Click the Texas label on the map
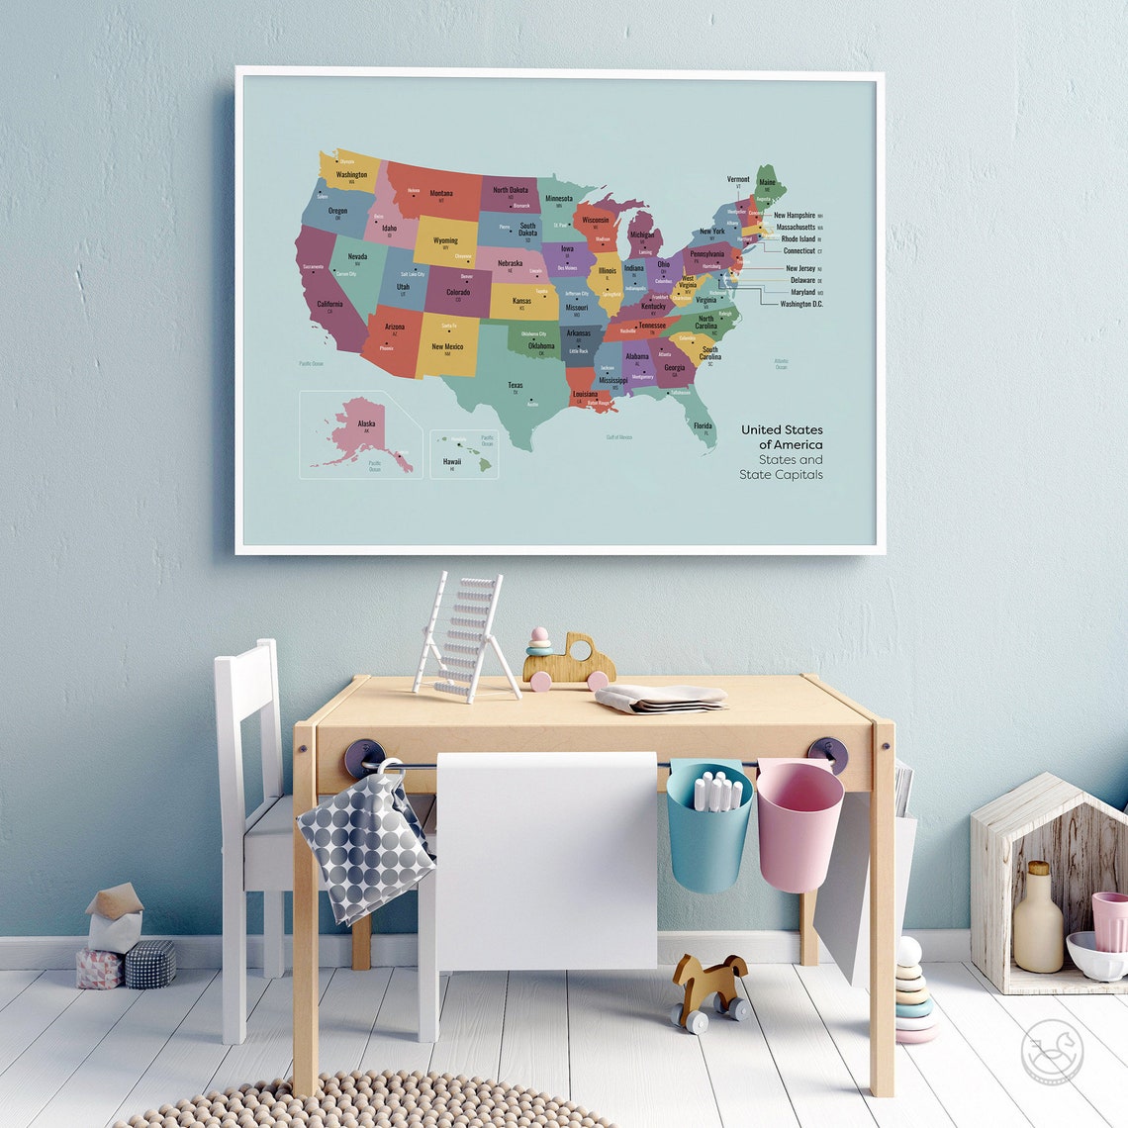click(x=516, y=385)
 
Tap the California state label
click(x=329, y=304)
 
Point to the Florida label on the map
click(x=703, y=425)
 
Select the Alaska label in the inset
click(x=366, y=423)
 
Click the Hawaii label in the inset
click(x=451, y=461)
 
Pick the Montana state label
click(x=441, y=193)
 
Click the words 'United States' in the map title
click(x=782, y=429)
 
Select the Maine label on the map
click(x=767, y=182)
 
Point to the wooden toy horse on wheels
click(x=708, y=987)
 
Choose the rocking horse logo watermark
click(x=1052, y=1051)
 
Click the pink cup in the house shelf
click(x=1109, y=920)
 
